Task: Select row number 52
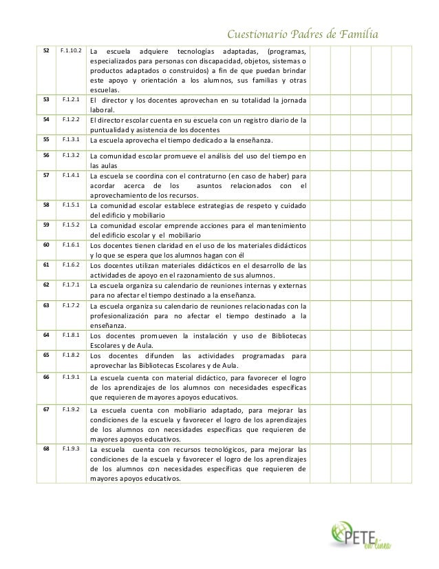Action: click(x=46, y=52)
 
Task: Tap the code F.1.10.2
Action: click(x=71, y=52)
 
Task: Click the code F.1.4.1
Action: click(x=71, y=176)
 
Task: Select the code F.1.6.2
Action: click(x=71, y=264)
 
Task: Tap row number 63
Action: click(x=46, y=304)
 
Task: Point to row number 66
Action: click(x=46, y=377)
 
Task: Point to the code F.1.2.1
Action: click(x=71, y=99)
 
